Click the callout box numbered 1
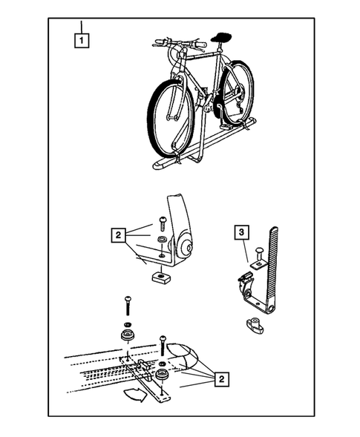click(x=82, y=41)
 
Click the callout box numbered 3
click(x=241, y=232)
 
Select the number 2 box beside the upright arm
click(x=119, y=235)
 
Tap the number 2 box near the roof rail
click(x=222, y=379)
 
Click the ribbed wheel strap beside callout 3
click(x=272, y=268)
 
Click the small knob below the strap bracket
click(x=255, y=326)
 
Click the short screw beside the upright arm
click(x=162, y=224)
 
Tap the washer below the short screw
click(x=162, y=239)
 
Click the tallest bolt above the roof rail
click(x=128, y=306)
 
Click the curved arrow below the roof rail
click(x=135, y=395)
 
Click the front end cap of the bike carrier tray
click(x=160, y=165)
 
